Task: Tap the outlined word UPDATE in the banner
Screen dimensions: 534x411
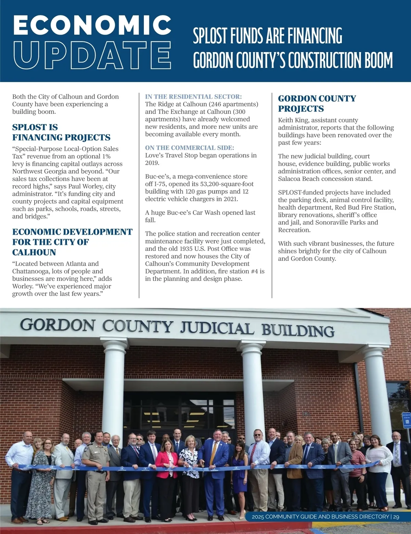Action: tap(92, 55)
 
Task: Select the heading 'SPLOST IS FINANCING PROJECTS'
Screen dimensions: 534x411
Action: tap(61, 132)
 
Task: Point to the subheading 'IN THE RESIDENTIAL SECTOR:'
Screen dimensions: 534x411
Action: tap(193, 97)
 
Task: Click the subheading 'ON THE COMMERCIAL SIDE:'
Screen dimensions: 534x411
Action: tap(189, 148)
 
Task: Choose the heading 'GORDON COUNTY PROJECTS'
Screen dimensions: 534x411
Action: tap(317, 104)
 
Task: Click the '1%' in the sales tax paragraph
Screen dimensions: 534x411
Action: tap(106, 156)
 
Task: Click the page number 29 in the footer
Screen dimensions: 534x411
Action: tap(396, 517)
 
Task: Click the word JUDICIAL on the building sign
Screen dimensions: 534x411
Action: tap(217, 327)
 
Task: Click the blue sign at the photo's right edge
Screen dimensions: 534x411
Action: tap(407, 420)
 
